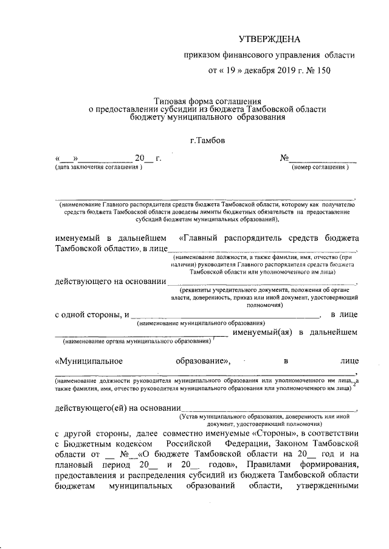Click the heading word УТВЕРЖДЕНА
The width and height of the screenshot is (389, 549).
coord(269,39)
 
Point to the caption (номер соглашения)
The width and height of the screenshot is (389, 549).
coord(320,167)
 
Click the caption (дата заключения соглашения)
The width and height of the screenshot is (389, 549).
coord(98,167)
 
